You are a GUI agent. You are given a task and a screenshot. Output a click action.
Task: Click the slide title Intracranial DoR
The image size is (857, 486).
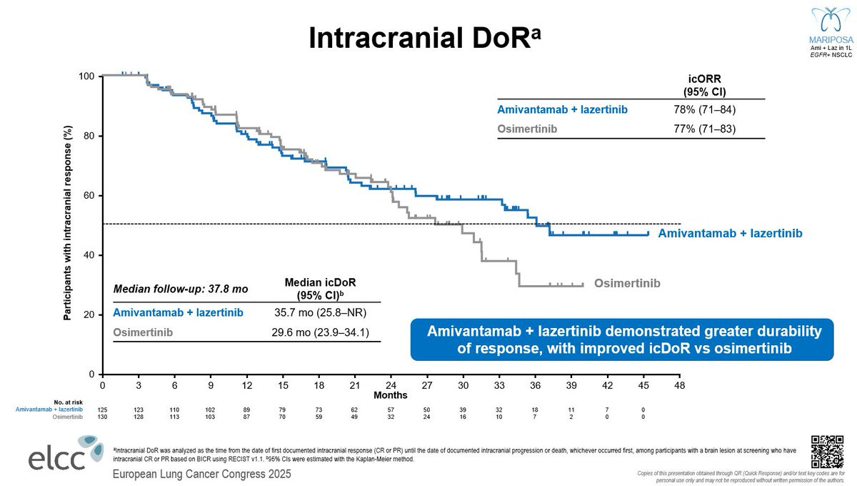pyautogui.click(x=419, y=39)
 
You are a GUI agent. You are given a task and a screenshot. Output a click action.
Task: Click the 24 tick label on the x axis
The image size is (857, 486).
pyautogui.click(x=391, y=385)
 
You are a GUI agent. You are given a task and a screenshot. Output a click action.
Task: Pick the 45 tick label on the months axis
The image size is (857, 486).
pyautogui.click(x=643, y=385)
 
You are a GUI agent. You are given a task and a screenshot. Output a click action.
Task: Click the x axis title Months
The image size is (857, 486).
pyautogui.click(x=391, y=395)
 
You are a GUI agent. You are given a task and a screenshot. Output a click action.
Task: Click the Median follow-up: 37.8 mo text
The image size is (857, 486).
pyautogui.click(x=181, y=289)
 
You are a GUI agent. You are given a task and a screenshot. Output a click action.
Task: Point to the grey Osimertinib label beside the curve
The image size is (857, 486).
pyautogui.click(x=627, y=283)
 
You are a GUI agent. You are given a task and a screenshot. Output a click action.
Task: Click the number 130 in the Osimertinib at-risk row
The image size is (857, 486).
pyautogui.click(x=103, y=416)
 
